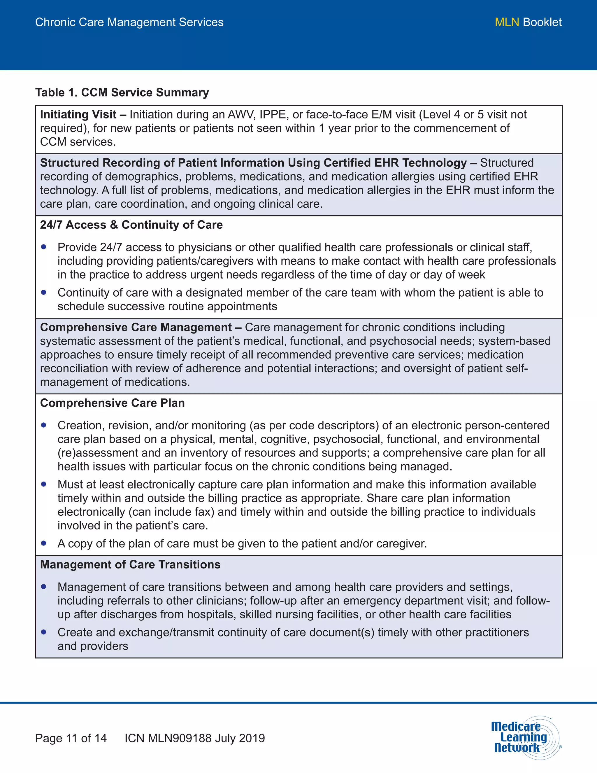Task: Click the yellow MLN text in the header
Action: pyautogui.click(x=506, y=22)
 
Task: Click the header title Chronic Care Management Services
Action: pyautogui.click(x=129, y=22)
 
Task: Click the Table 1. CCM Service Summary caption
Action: pyautogui.click(x=122, y=92)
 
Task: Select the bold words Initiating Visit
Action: pyautogui.click(x=78, y=115)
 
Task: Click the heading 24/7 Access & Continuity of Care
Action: pyautogui.click(x=131, y=225)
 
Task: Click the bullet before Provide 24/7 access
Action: pyautogui.click(x=44, y=247)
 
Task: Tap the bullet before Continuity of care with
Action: pyautogui.click(x=44, y=292)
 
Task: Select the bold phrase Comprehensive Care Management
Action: pyautogui.click(x=136, y=327)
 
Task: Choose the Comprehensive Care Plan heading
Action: pyautogui.click(x=113, y=403)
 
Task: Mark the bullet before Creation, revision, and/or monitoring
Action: pyautogui.click(x=44, y=425)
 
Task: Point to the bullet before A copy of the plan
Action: pyautogui.click(x=44, y=543)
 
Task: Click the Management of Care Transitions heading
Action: pyautogui.click(x=130, y=564)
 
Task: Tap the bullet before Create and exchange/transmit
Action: pyautogui.click(x=44, y=632)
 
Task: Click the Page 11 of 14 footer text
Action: pyautogui.click(x=71, y=738)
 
